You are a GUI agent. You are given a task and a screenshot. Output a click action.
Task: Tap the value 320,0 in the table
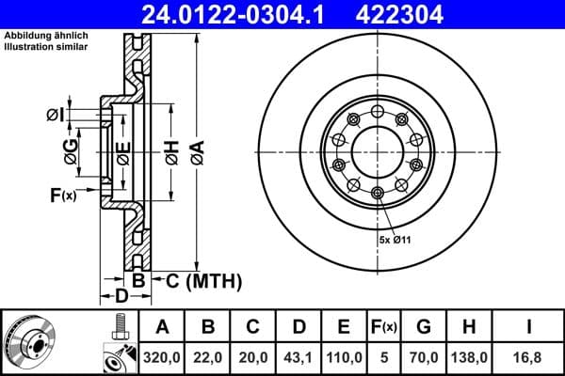pyautogui.click(x=162, y=358)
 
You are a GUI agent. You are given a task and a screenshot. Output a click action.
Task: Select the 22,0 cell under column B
pyautogui.click(x=208, y=358)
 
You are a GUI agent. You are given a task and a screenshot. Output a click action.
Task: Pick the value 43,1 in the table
pyautogui.click(x=299, y=358)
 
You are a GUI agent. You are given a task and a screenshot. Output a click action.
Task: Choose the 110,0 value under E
pyautogui.click(x=344, y=358)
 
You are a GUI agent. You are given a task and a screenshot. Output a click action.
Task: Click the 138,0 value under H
pyautogui.click(x=471, y=358)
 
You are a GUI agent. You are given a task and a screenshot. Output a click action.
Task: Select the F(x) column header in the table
pyautogui.click(x=384, y=327)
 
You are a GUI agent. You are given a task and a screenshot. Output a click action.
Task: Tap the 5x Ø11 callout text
pyautogui.click(x=395, y=242)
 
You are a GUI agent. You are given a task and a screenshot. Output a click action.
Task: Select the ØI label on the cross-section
pyautogui.click(x=54, y=115)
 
